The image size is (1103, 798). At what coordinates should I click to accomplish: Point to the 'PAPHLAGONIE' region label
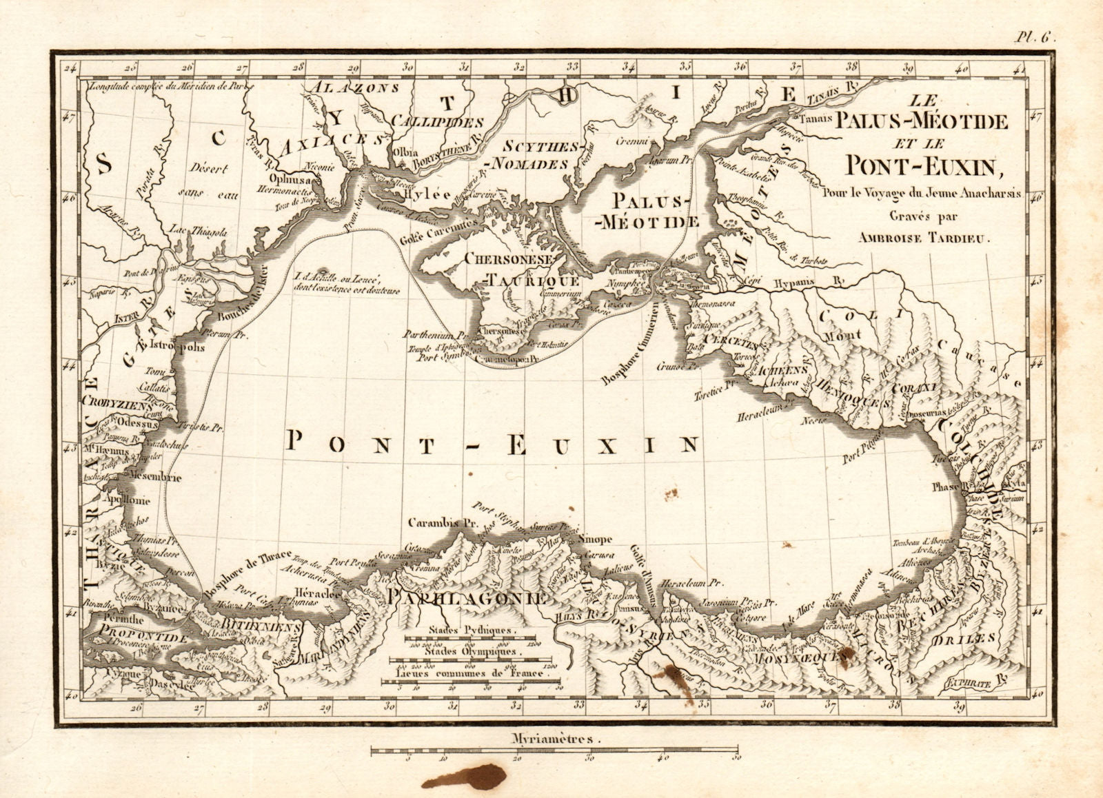(468, 597)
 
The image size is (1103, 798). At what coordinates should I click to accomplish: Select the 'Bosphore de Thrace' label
(237, 575)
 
